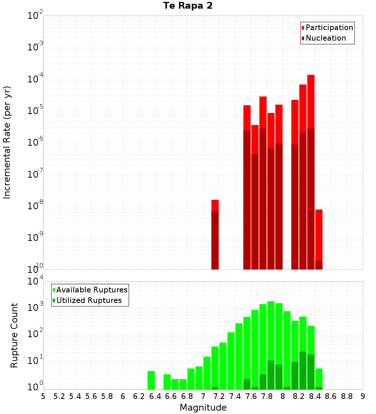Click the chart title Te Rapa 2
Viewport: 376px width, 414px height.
click(x=188, y=6)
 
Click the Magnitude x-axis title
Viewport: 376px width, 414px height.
click(x=203, y=408)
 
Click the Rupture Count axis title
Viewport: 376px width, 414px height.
click(x=14, y=335)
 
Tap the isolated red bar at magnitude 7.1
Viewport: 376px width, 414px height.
click(x=215, y=233)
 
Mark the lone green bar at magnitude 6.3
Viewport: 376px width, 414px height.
click(x=151, y=380)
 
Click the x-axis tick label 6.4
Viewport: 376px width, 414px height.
click(x=155, y=396)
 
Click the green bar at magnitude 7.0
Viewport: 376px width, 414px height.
click(x=207, y=373)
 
